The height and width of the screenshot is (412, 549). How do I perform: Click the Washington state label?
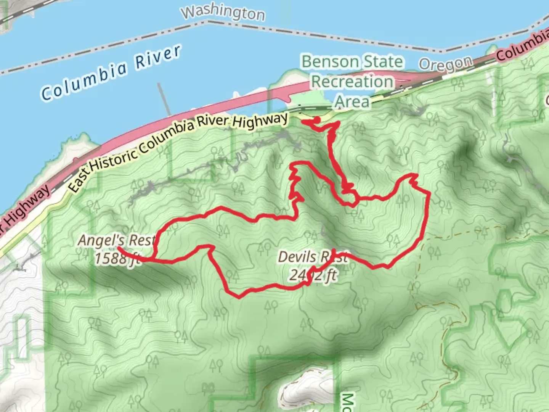coord(223,13)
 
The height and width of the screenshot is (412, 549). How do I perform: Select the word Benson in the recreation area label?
coord(330,62)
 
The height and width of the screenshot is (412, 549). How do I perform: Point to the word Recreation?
coord(352,82)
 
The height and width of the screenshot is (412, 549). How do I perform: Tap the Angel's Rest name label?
coord(117,240)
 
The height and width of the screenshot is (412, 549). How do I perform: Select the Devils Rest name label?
coord(313,257)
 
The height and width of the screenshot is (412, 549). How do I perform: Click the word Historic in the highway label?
coord(113,158)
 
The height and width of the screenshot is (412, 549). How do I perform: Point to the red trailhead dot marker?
coord(316,120)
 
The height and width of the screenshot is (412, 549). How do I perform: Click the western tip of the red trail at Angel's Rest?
coord(119,248)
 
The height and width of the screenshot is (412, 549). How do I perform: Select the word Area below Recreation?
coord(352,102)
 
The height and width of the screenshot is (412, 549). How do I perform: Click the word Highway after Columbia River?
coord(260,121)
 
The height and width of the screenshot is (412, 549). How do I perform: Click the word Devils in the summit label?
coord(297,257)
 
